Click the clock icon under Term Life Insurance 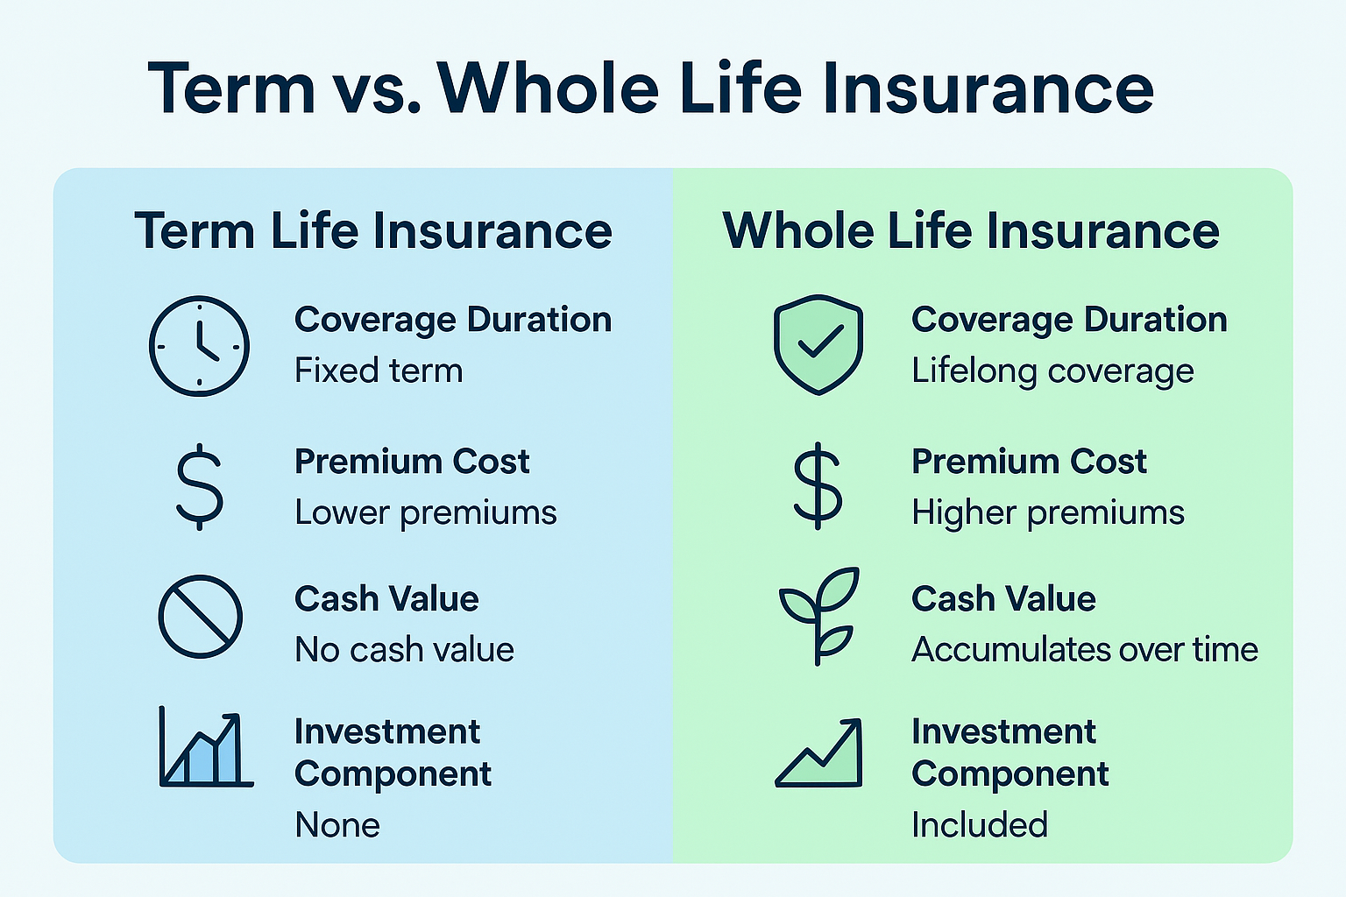[199, 346]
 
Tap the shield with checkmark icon [818, 344]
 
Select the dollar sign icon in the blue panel [200, 487]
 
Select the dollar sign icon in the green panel [817, 486]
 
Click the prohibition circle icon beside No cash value [200, 617]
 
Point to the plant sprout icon [818, 616]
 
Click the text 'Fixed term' [379, 371]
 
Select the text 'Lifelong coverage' [1052, 371]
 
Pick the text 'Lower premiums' [426, 512]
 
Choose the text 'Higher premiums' [1048, 512]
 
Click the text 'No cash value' [405, 650]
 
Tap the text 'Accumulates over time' [1085, 650]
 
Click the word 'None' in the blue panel [337, 825]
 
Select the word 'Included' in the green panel [980, 825]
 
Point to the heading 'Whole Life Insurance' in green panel [971, 231]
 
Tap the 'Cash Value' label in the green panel [1003, 599]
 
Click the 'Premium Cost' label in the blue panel [412, 462]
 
